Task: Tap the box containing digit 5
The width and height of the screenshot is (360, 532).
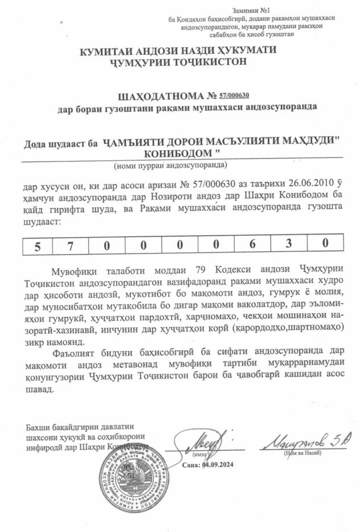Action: pos(38,246)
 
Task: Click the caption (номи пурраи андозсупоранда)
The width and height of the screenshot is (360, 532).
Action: pos(170,165)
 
